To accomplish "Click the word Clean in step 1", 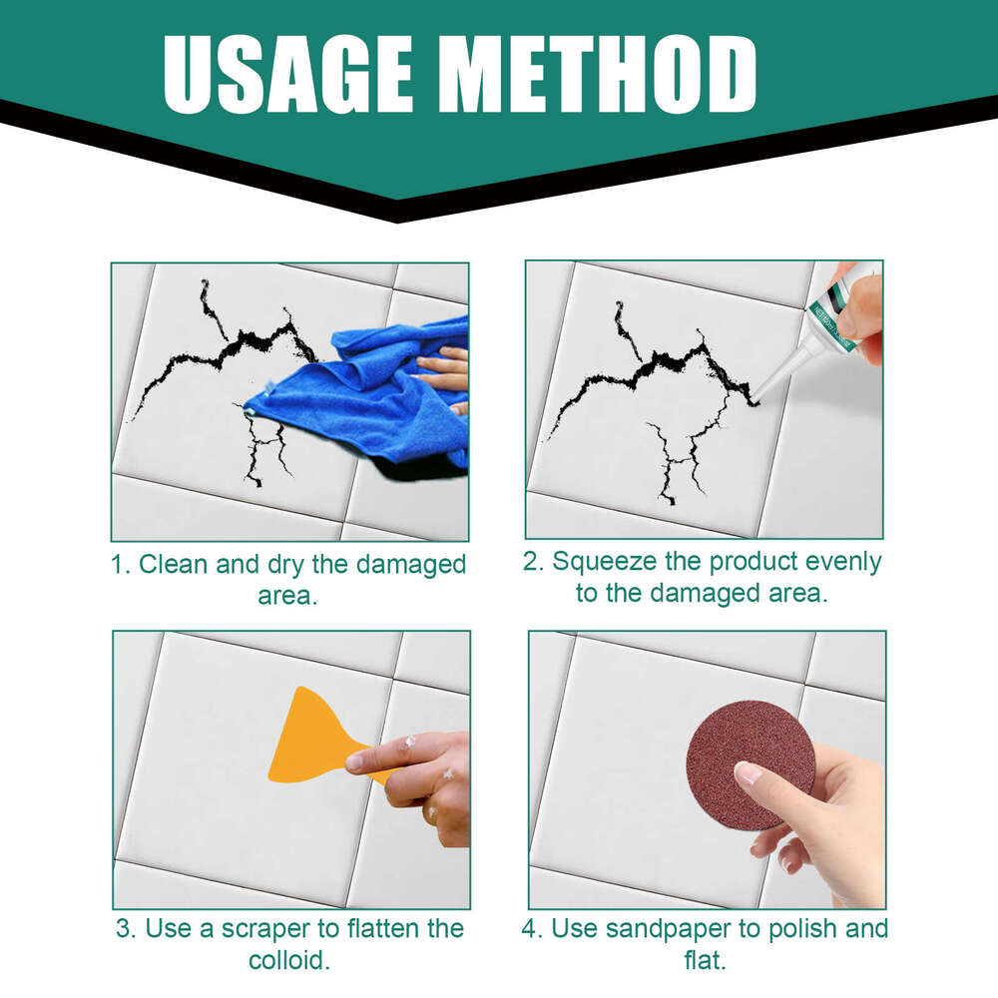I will click(x=174, y=564).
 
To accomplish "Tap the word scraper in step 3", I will click(x=284, y=928).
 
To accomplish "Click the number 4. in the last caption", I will click(x=532, y=928).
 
